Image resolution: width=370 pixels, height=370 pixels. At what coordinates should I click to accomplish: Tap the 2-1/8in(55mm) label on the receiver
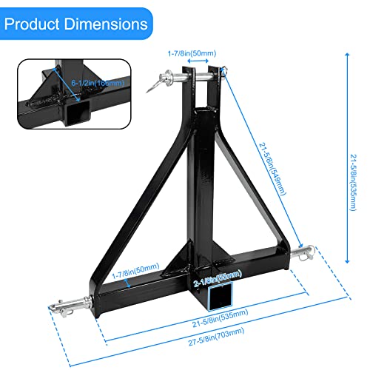[x=220, y=280]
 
